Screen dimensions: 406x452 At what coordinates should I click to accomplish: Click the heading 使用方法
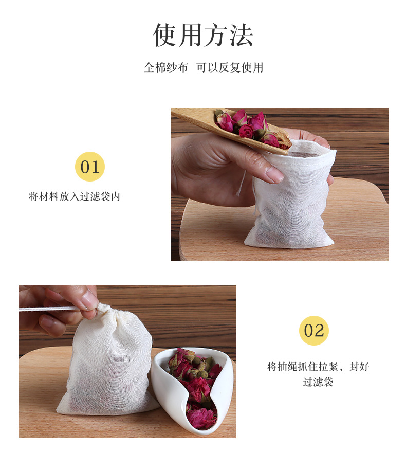(x=203, y=35)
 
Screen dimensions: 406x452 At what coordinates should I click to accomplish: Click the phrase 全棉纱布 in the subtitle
(x=165, y=67)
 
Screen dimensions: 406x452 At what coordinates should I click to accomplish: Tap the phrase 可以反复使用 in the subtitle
(x=230, y=67)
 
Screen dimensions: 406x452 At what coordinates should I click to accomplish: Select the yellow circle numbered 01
(x=89, y=167)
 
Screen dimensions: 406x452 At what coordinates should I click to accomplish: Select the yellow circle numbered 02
(x=314, y=330)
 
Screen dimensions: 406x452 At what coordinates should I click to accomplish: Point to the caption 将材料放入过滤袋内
(x=75, y=196)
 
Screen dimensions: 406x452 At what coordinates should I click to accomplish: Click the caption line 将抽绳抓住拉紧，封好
(x=318, y=367)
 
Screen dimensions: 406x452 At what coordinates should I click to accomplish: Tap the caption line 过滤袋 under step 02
(x=318, y=382)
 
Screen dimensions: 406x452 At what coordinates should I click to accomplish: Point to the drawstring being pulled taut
(x=49, y=309)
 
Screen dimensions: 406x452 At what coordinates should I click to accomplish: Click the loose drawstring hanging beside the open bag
(x=242, y=185)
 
